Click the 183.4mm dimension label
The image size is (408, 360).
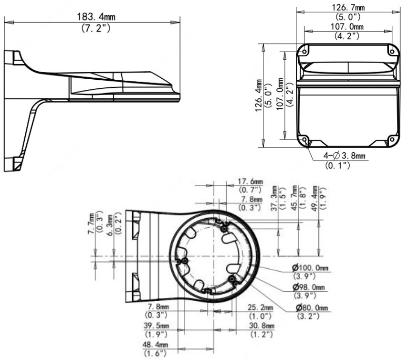[96, 17]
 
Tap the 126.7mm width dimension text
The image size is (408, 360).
[348, 7]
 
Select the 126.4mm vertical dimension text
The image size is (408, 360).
[258, 96]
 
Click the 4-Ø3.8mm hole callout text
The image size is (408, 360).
[344, 156]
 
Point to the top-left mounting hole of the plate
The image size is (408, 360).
[304, 52]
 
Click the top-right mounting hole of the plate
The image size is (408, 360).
[392, 52]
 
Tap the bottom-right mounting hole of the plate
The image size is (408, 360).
[392, 139]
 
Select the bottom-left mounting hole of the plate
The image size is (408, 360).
[304, 139]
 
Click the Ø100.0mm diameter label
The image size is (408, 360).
[310, 267]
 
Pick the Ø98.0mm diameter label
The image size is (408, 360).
[309, 287]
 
